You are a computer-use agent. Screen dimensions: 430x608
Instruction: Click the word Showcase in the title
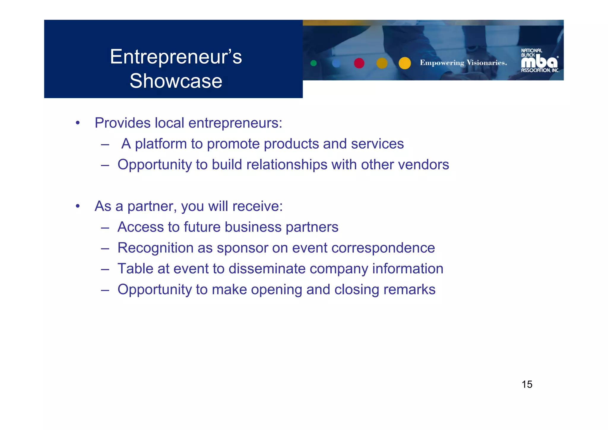[x=176, y=81]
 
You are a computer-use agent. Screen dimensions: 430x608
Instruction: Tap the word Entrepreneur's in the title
[x=176, y=57]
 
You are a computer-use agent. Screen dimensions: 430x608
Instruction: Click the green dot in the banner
[x=313, y=63]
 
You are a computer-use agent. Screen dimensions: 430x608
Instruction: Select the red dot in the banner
[x=359, y=63]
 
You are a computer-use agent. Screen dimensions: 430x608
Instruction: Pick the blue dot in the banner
[x=336, y=63]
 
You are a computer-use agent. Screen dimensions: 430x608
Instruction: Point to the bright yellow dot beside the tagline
[x=404, y=63]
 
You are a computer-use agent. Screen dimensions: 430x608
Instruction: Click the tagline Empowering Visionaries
[x=463, y=63]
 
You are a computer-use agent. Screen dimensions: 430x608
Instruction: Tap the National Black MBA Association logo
[x=539, y=61]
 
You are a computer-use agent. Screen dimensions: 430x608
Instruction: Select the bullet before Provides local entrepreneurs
[x=78, y=123]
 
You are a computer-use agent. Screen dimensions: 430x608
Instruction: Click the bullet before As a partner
[x=78, y=206]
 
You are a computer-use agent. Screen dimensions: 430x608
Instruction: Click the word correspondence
[x=383, y=248]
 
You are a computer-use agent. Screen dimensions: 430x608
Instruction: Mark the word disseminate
[x=267, y=269]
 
